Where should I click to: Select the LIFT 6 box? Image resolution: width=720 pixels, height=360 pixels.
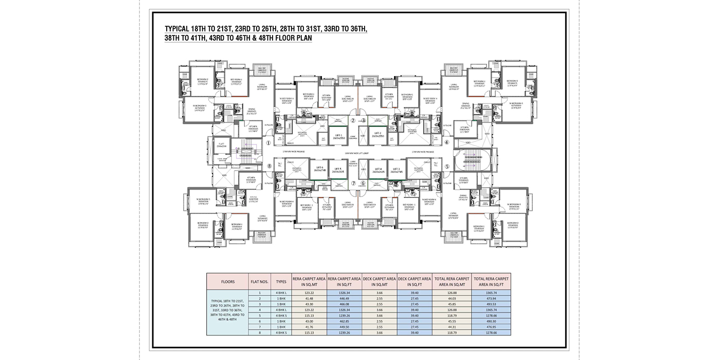point(319,169)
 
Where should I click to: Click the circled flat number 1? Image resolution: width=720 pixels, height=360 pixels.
point(268,143)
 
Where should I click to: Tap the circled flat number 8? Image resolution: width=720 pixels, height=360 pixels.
point(269,166)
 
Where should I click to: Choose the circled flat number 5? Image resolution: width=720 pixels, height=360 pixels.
point(447,166)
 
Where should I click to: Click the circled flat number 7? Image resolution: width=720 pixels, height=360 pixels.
point(353,183)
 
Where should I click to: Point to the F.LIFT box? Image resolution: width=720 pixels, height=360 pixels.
point(221,146)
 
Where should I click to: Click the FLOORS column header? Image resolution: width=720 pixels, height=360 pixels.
point(227,282)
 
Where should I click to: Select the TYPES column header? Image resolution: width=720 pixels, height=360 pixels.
point(281,282)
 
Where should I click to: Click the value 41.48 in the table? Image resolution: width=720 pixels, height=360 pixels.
point(309,298)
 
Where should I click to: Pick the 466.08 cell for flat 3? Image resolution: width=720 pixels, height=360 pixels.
point(344,304)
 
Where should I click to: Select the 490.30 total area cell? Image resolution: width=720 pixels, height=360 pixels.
point(486,321)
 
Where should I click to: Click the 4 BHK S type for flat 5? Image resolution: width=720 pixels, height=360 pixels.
point(281,315)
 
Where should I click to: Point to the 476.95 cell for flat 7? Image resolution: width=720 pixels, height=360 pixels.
point(486,327)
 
